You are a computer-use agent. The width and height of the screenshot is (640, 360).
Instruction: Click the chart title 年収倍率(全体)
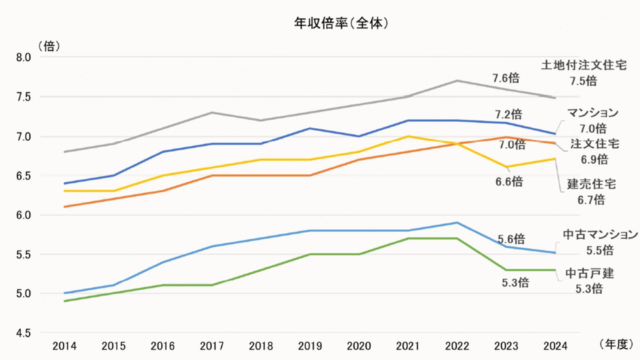341,23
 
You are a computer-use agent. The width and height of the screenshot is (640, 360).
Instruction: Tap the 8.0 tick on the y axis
23,57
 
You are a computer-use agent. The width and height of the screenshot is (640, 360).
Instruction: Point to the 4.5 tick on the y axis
23,333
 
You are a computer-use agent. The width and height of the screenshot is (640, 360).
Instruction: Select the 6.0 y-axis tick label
23,215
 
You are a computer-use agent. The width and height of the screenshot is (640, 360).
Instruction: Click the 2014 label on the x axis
64,345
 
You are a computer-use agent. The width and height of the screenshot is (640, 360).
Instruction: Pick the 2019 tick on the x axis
310,345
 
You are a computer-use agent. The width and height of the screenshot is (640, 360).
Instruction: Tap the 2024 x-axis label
556,345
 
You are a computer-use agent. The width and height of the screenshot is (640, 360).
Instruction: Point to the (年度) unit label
615,344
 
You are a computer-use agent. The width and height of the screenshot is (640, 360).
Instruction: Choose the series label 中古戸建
589,273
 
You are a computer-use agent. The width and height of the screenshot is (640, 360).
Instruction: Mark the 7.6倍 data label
505,78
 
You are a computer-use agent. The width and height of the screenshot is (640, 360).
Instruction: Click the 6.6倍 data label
509,181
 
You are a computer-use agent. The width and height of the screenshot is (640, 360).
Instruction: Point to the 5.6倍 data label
511,238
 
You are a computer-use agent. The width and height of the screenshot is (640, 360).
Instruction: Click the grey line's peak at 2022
457,80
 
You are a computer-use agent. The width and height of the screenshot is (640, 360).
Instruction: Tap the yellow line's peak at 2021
408,136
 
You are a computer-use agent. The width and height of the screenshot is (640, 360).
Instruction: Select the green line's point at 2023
506,270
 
